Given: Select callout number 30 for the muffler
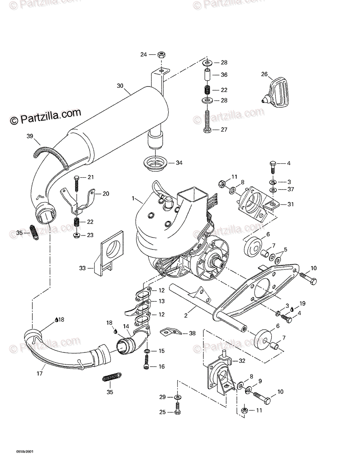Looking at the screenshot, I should click(x=120, y=85).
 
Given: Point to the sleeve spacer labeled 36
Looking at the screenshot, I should click(x=207, y=75).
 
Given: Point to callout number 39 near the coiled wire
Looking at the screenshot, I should click(x=30, y=137).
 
